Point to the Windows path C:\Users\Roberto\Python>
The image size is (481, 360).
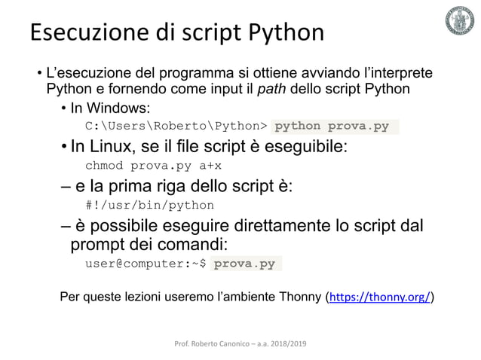[176, 126]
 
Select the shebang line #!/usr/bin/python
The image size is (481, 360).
[149, 205]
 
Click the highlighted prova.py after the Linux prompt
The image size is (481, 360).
[244, 264]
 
